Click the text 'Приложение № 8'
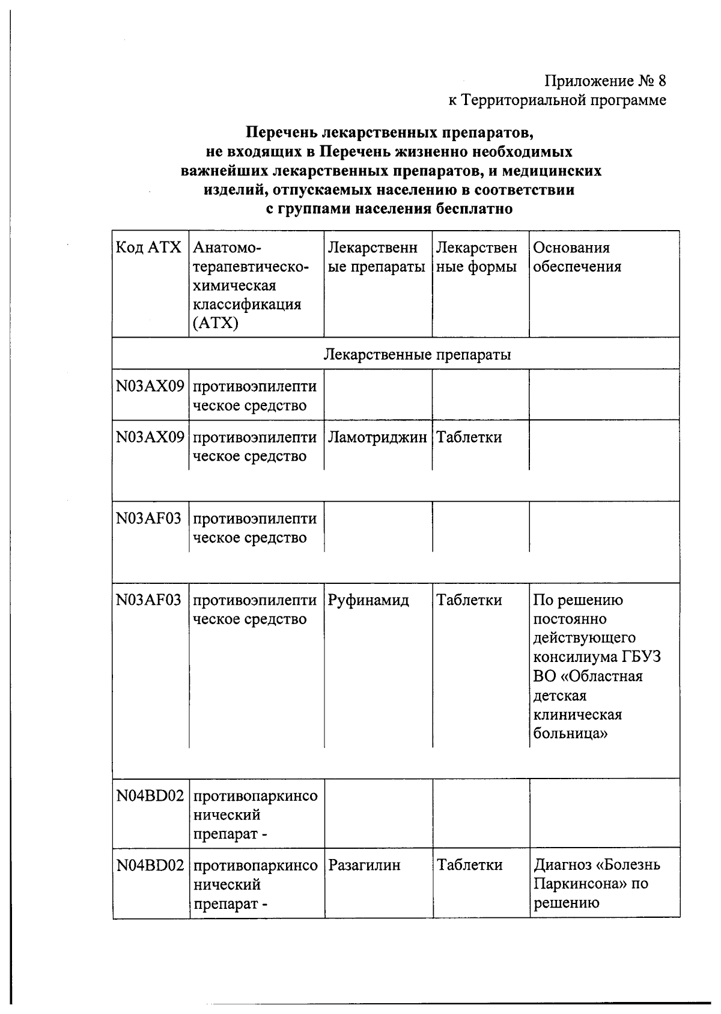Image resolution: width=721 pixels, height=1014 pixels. [x=606, y=80]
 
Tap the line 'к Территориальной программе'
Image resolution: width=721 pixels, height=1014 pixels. [x=557, y=100]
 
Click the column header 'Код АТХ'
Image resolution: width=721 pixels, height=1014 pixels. [x=148, y=247]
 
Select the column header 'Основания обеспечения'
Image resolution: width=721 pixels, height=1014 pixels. [x=577, y=257]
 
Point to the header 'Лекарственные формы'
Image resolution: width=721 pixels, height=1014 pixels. [x=476, y=257]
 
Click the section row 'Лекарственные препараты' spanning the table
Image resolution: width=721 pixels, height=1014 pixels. [x=417, y=354]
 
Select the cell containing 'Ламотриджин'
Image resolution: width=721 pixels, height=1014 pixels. [x=377, y=437]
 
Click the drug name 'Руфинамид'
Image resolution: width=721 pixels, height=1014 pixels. [x=368, y=600]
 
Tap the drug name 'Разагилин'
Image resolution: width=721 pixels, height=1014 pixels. [x=364, y=865]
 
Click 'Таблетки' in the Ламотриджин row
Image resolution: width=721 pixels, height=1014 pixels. [x=469, y=437]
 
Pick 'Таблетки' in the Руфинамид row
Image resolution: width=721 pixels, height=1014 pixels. [x=469, y=600]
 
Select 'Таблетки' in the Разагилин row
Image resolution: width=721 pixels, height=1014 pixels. [x=469, y=865]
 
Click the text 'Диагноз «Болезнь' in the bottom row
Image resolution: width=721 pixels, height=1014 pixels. [x=597, y=865]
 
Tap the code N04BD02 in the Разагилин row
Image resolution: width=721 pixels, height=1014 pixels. [x=150, y=865]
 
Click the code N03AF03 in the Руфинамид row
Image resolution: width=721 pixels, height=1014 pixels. [x=148, y=600]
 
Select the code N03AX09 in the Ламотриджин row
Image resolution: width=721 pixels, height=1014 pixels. [x=150, y=437]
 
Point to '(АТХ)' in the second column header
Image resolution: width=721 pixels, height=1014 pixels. [x=216, y=324]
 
